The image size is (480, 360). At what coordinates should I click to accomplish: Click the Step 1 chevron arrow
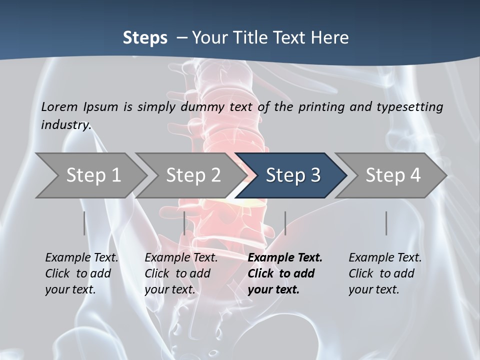[x=90, y=175]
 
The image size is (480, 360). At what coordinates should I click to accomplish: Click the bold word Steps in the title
[x=145, y=37]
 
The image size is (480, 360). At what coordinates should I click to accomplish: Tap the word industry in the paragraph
[x=65, y=124]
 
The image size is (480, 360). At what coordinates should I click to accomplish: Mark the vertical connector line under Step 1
[x=84, y=223]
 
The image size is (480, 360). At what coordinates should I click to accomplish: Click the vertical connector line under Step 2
[x=184, y=223]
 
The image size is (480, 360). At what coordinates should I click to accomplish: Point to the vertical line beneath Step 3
[x=285, y=223]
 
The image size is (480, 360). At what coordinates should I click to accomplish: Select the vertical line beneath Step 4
[x=386, y=223]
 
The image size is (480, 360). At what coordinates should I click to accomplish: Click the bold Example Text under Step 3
[x=285, y=257]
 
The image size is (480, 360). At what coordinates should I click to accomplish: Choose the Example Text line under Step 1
[x=81, y=257]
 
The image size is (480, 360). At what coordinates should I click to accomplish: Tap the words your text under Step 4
[x=373, y=289]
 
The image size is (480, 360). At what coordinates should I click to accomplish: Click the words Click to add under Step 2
[x=177, y=273]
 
